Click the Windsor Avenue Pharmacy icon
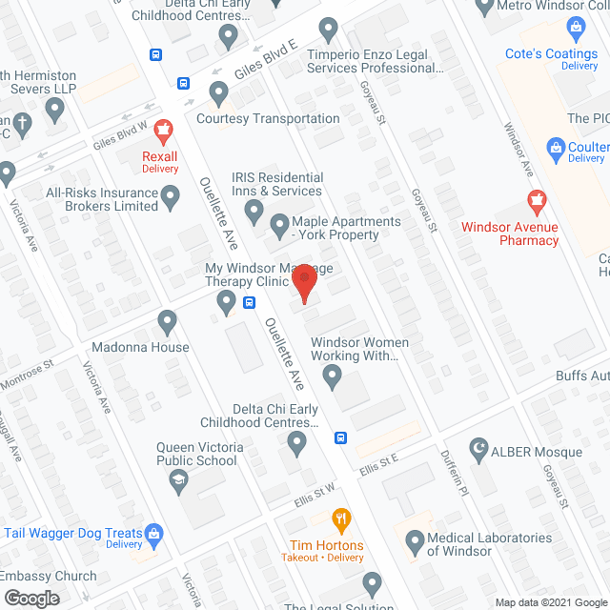[535, 201]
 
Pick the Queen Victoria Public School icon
[177, 483]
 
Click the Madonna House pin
[168, 322]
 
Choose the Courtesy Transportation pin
[220, 94]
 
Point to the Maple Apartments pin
[280, 227]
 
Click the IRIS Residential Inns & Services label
[277, 184]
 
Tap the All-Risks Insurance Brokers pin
[171, 198]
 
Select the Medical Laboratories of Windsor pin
[415, 544]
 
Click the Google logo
[30, 598]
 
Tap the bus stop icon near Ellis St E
[340, 438]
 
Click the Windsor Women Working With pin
[332, 379]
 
